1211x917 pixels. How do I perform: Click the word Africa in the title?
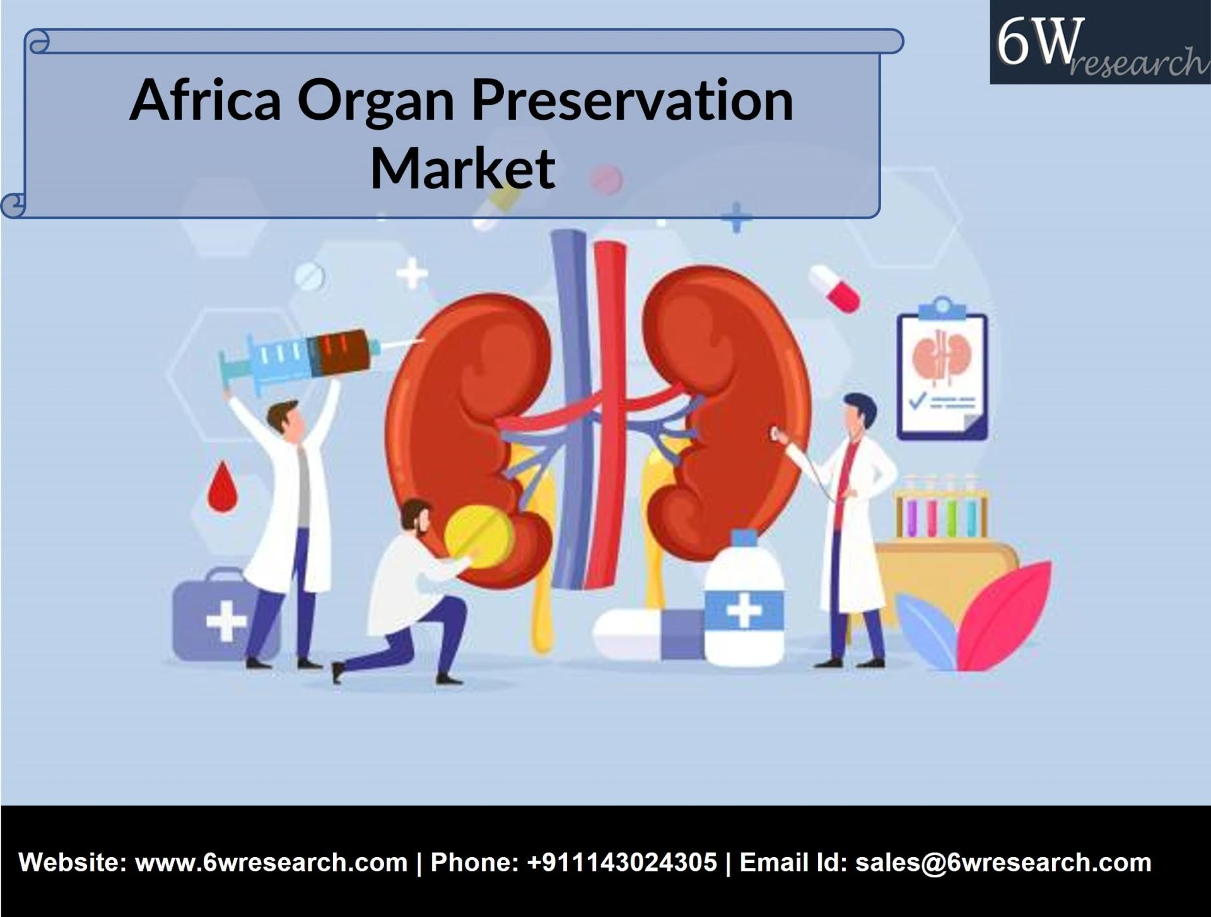(205, 101)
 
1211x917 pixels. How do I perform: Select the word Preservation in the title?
(632, 101)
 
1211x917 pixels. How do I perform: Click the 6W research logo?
(1099, 43)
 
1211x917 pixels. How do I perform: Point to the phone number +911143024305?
(621, 862)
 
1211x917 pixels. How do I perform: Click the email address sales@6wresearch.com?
(1003, 862)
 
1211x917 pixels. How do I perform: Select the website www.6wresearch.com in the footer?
(271, 862)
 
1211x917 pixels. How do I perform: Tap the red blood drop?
(221, 487)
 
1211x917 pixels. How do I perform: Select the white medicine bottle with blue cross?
(744, 605)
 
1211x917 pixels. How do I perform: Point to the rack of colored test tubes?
(941, 509)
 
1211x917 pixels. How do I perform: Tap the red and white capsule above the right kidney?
(834, 288)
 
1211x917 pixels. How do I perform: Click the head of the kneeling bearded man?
(415, 517)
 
